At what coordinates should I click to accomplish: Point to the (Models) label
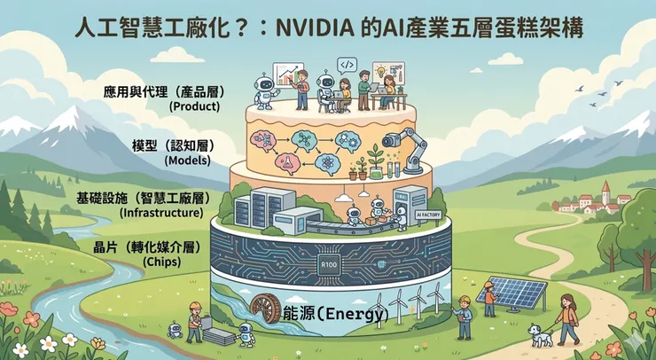[189, 160]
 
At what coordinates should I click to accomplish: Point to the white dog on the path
[537, 334]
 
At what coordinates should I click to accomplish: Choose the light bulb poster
[383, 70]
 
